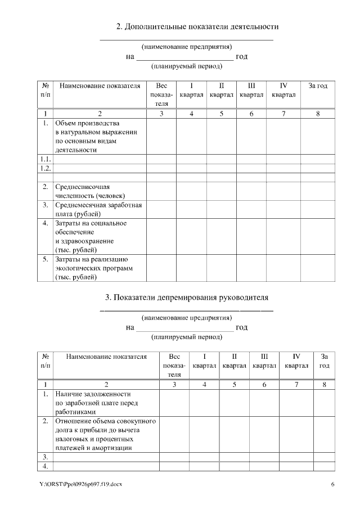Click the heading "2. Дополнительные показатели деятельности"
tap(197, 26)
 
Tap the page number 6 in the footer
tap(332, 484)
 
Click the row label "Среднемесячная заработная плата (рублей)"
tap(98, 209)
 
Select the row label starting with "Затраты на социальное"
tap(90, 236)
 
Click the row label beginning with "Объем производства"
tap(96, 136)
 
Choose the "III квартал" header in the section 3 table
tap(264, 361)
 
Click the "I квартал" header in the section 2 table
tap(192, 91)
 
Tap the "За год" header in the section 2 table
tap(318, 86)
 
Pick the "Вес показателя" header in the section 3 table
tap(174, 365)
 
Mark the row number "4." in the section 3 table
tap(45, 466)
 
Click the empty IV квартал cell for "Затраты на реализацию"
tap(284, 268)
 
